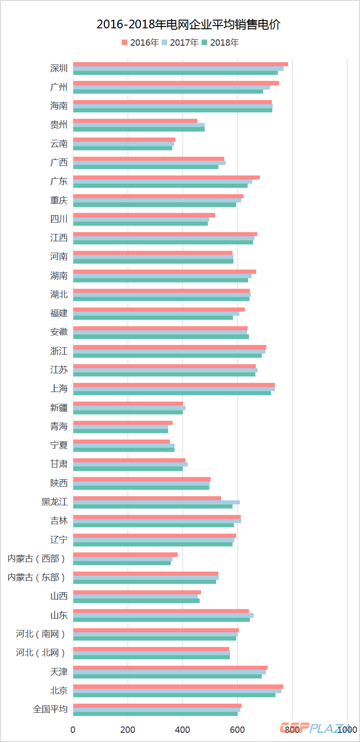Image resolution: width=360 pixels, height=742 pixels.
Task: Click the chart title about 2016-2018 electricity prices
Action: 188,25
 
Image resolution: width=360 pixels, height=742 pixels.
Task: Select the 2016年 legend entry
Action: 140,42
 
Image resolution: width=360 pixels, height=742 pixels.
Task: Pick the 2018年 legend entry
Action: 220,42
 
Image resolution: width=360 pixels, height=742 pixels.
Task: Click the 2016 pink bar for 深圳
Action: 180,64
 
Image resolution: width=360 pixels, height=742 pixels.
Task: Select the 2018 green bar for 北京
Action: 174,695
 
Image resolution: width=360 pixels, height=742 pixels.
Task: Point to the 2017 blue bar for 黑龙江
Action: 156,502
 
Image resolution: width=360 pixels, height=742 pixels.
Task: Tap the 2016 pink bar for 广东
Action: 166,177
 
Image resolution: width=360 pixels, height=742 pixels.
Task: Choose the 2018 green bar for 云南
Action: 122,148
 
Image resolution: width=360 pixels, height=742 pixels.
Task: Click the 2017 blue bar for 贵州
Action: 139,125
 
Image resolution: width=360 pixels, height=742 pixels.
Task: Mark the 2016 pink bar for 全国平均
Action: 157,705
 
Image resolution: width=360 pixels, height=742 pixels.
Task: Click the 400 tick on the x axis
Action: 183,730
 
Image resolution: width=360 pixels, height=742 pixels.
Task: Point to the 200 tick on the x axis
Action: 128,730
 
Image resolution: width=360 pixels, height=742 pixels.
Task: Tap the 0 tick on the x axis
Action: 73,730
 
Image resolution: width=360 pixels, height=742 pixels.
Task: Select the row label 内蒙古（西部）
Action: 37,558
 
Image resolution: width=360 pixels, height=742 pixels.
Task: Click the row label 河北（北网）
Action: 41,652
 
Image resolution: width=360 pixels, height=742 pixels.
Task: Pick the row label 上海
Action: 59,388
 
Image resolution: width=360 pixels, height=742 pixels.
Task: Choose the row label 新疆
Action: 59,408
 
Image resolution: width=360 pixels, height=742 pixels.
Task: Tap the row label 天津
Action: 59,672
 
